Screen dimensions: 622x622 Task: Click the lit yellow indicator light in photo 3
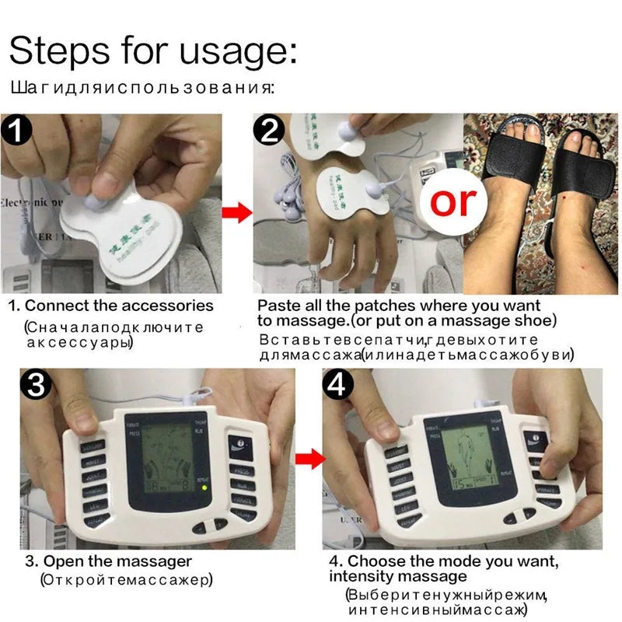point(204,489)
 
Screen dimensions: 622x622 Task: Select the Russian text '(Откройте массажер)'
point(125,580)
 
